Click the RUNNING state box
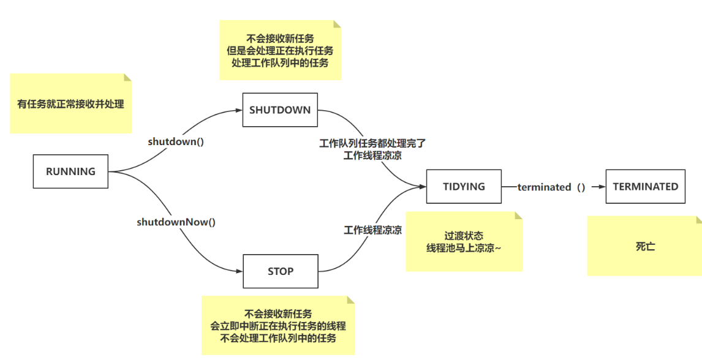70,171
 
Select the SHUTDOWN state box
280,111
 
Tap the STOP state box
281,271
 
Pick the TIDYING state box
464,187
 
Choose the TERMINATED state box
645,187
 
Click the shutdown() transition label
176,141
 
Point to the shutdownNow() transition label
176,222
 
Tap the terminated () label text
551,187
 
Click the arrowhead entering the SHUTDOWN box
239,111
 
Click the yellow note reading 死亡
645,247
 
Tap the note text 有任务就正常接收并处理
70,104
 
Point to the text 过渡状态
464,236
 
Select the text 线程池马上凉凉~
464,248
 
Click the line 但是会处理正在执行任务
279,51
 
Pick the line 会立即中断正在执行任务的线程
278,326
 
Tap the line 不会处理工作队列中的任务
278,338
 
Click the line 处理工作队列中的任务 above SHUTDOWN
279,63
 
